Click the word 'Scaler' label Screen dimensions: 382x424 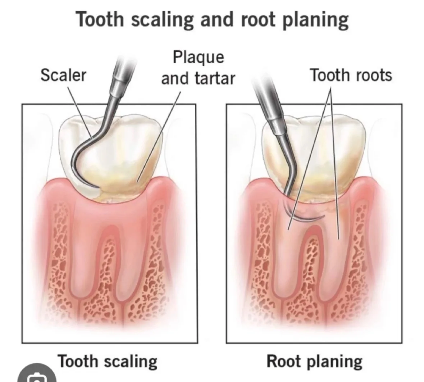coord(63,76)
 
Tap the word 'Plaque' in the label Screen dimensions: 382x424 coord(198,57)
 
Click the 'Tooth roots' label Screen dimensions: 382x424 coord(351,76)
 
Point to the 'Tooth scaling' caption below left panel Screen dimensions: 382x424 coord(108,361)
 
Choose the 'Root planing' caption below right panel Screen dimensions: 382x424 coord(314,361)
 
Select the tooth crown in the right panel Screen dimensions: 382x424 coord(324,144)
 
